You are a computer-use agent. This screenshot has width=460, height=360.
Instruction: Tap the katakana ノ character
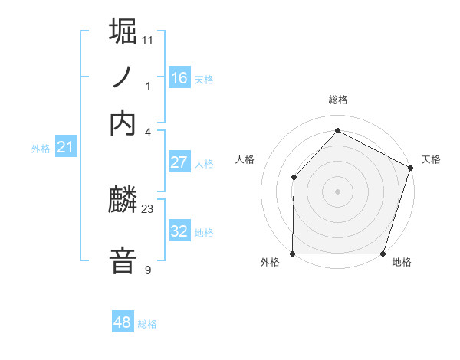123,77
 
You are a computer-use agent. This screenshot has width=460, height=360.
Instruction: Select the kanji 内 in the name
123,123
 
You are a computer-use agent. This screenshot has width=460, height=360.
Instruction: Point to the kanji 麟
123,201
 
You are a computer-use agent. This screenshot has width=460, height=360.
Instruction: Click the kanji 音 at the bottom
123,259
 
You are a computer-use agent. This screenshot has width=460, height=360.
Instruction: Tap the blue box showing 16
179,78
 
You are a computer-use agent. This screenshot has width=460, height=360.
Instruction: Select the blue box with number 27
179,162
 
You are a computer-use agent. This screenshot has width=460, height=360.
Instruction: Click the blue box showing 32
179,231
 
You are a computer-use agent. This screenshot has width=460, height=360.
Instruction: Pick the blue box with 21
64,147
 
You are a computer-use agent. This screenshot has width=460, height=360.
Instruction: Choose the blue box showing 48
123,322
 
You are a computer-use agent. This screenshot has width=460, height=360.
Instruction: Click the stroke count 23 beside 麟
148,208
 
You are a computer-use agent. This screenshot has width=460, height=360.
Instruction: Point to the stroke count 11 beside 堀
148,39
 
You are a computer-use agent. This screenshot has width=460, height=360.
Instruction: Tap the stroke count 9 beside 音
148,270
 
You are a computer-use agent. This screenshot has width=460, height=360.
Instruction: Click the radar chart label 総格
337,100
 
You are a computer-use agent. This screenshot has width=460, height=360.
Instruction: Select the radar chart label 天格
431,159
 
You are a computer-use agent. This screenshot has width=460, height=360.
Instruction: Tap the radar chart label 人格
245,159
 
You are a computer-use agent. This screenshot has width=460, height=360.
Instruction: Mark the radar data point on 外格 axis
293,254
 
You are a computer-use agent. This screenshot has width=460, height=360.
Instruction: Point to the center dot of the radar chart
337,191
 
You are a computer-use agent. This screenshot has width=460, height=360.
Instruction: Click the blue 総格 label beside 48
147,324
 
